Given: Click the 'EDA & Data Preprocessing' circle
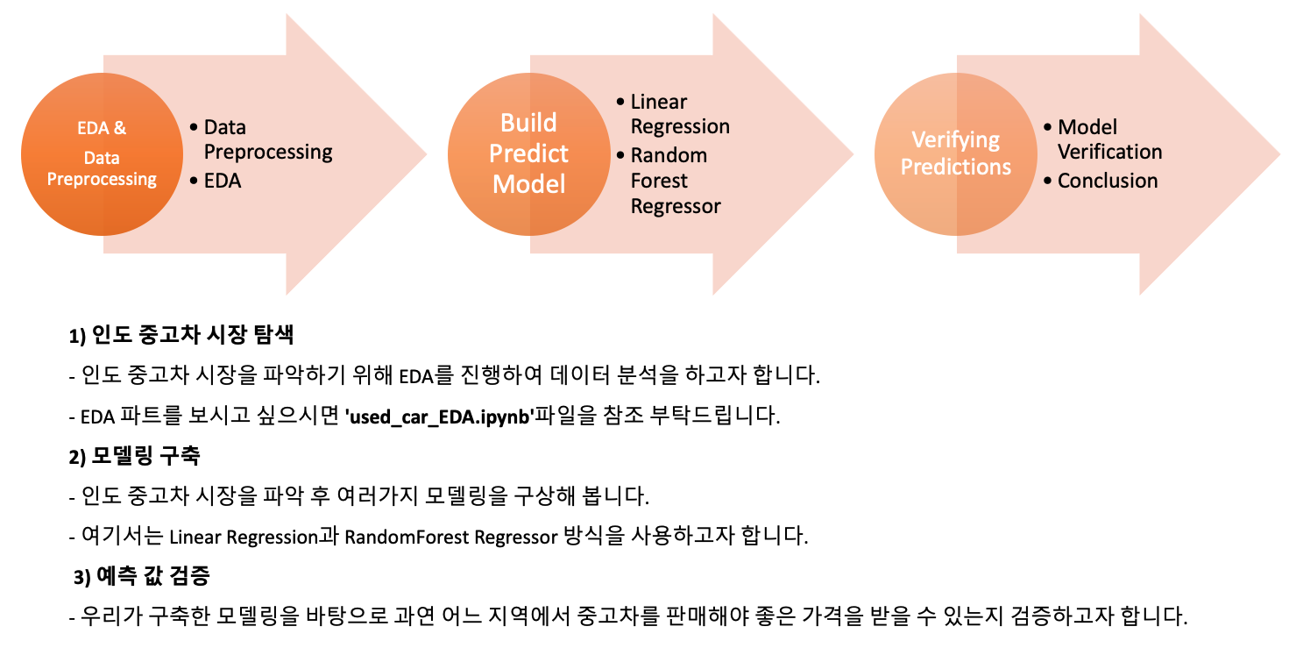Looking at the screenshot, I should pos(102,154).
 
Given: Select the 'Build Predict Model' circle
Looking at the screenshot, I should pos(528,154).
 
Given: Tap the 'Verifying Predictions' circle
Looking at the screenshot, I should pos(955,154).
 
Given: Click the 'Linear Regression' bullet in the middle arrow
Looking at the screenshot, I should pos(679,114).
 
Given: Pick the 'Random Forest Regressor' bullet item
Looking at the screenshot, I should pos(675,181).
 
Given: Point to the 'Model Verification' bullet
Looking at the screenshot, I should pos(1108,139).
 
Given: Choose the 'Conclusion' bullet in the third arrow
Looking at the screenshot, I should pos(1108,181).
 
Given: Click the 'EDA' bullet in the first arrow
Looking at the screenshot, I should pos(223,181).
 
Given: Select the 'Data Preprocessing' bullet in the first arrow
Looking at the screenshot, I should pos(267,139).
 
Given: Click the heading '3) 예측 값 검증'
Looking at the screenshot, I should pos(142,577).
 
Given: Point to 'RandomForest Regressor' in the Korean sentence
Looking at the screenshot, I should pos(450,537).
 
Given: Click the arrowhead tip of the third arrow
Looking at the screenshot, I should pos(1278,155).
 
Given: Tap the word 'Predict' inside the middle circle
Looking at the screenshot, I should pos(528,153).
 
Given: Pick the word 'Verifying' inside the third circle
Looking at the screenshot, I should pos(955,140).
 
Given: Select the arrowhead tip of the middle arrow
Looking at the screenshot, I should pos(851,155).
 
